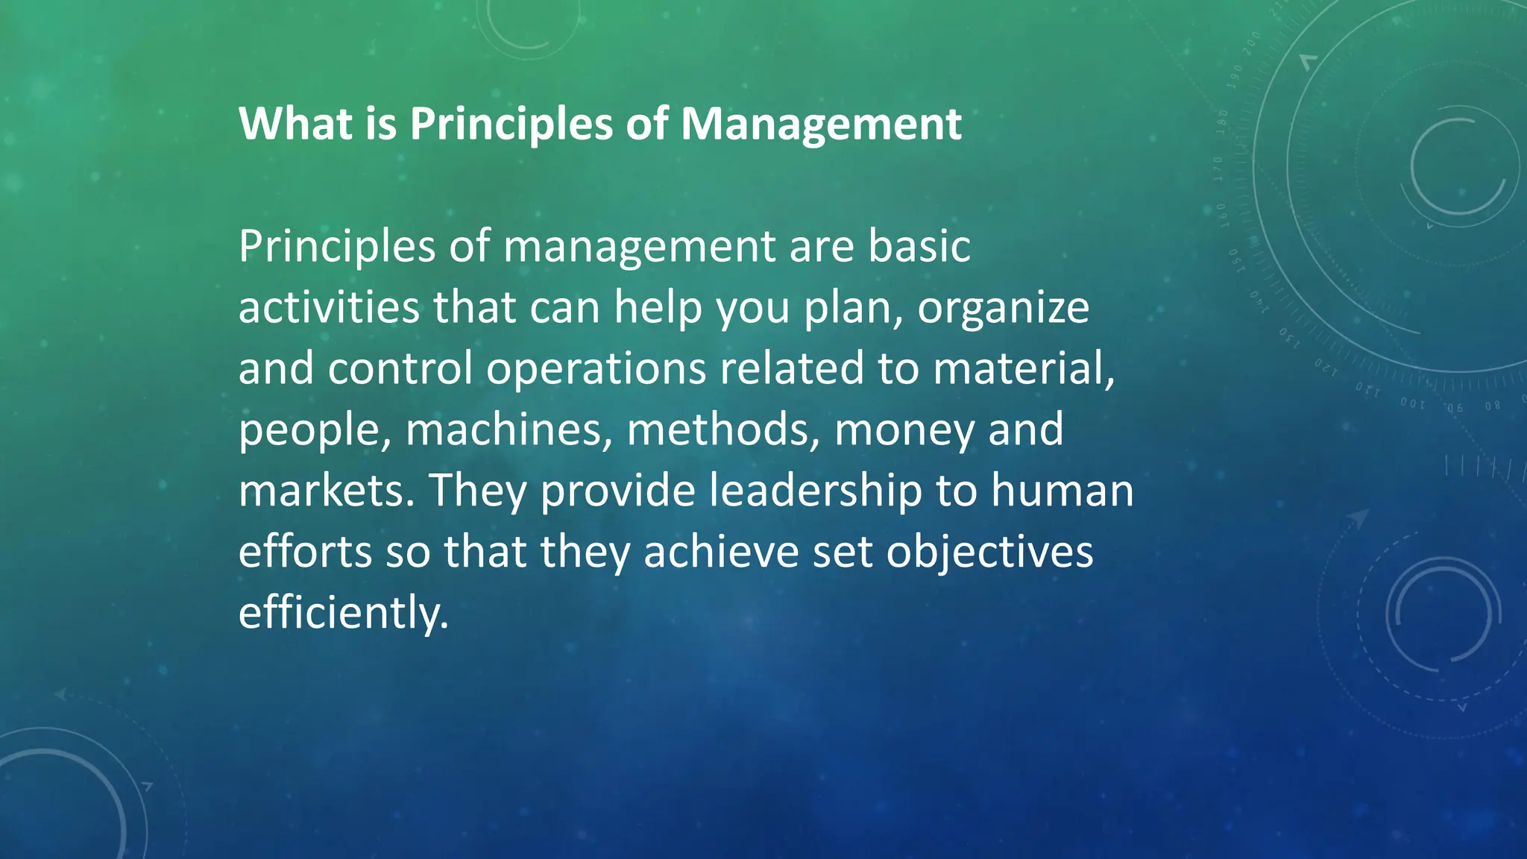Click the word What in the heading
[295, 124]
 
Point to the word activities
[329, 307]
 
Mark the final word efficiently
[344, 614]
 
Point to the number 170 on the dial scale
[1218, 170]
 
